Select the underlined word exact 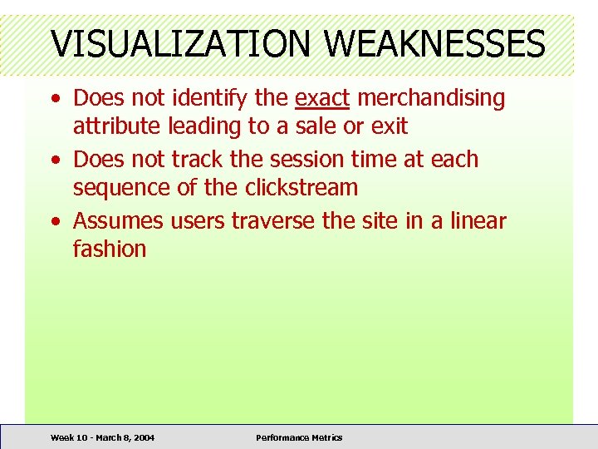[323, 98]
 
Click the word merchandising [431, 98]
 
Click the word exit [386, 126]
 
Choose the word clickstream [301, 187]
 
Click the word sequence [122, 187]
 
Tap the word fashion [110, 249]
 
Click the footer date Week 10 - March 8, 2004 [102, 437]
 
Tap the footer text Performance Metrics [298, 437]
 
